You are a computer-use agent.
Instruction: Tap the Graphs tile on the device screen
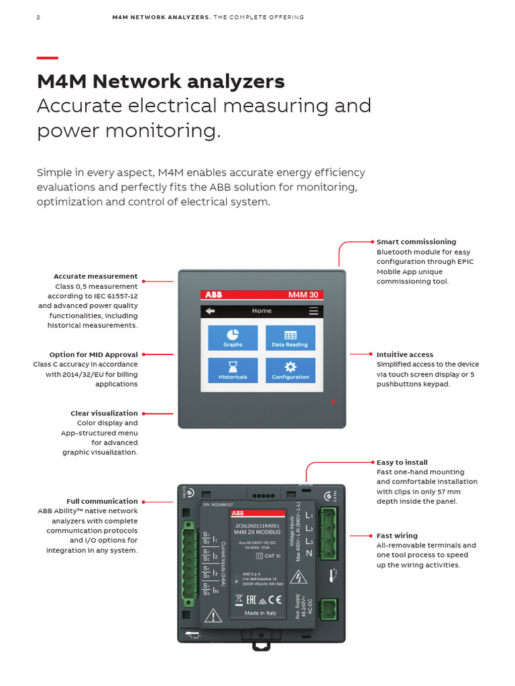pyautogui.click(x=233, y=338)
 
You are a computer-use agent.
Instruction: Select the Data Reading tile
pyautogui.click(x=290, y=338)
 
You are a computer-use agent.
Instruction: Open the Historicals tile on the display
pyautogui.click(x=233, y=370)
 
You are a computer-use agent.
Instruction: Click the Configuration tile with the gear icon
pyautogui.click(x=290, y=370)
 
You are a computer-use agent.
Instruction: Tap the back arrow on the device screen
pyautogui.click(x=211, y=311)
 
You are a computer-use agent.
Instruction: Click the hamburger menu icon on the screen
pyautogui.click(x=313, y=311)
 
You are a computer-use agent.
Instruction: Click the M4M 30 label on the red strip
pyautogui.click(x=303, y=295)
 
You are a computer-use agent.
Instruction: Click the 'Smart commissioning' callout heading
pyautogui.click(x=416, y=242)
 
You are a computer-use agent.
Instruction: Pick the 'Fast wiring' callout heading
pyautogui.click(x=397, y=535)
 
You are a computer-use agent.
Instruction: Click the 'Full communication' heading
pyautogui.click(x=102, y=501)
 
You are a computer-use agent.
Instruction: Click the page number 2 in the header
pyautogui.click(x=38, y=17)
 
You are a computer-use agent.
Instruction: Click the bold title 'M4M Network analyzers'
pyautogui.click(x=161, y=82)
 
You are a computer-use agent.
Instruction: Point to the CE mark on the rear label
pyautogui.click(x=280, y=600)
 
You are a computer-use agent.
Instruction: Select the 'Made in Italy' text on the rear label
pyautogui.click(x=260, y=613)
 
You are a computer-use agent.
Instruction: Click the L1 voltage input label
pyautogui.click(x=308, y=517)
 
